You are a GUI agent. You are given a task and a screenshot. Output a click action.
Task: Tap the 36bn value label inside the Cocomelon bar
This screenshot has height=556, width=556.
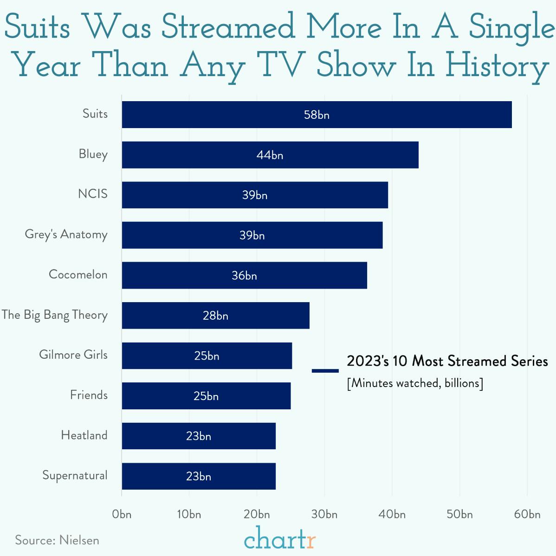click(x=244, y=276)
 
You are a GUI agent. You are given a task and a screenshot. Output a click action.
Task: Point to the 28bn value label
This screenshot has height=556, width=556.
click(x=215, y=316)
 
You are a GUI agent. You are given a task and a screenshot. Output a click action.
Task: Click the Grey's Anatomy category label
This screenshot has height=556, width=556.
click(x=66, y=235)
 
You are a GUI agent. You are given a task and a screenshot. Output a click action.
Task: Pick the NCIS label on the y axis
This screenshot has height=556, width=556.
click(x=93, y=194)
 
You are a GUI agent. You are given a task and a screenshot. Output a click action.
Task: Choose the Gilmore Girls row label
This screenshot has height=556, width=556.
click(x=73, y=355)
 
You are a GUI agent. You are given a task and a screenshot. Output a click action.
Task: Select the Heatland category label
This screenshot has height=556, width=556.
click(x=84, y=435)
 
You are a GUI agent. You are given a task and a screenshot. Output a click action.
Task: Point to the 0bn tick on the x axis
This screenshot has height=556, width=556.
click(x=122, y=514)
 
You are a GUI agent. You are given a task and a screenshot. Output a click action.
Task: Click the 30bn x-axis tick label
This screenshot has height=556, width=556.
click(x=324, y=514)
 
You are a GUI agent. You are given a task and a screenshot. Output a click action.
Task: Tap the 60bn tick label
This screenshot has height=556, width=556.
click(x=527, y=514)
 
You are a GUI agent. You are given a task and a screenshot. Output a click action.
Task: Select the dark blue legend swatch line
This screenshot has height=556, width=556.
click(x=325, y=370)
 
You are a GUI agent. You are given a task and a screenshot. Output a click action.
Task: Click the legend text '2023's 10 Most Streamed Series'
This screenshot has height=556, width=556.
click(x=447, y=361)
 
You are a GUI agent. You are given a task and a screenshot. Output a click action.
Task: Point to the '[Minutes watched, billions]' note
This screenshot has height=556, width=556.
click(x=415, y=383)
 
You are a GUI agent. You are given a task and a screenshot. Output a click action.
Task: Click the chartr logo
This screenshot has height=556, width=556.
click(x=280, y=538)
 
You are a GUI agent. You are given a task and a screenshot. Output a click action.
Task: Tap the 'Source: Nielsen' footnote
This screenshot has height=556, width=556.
click(x=57, y=540)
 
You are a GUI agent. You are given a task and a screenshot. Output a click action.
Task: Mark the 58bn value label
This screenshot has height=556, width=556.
click(x=317, y=115)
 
